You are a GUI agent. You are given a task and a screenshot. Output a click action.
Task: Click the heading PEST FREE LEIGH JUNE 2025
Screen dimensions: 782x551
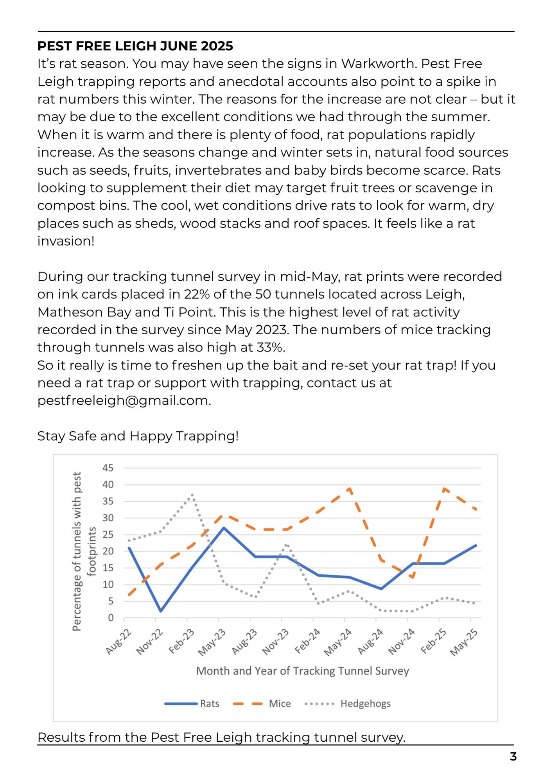(x=135, y=46)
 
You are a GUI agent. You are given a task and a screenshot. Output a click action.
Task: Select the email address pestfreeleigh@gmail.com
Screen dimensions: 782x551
(x=124, y=401)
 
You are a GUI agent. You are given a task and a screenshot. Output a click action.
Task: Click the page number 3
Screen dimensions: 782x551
(x=513, y=757)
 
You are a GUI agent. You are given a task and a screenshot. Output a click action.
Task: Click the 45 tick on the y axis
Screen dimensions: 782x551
(x=108, y=468)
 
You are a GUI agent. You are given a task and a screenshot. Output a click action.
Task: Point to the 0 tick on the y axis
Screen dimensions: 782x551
(x=111, y=618)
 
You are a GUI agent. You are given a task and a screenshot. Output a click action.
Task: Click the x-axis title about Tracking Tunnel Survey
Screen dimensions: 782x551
(x=302, y=671)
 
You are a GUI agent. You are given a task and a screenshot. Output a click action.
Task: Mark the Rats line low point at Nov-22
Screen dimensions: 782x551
(x=161, y=611)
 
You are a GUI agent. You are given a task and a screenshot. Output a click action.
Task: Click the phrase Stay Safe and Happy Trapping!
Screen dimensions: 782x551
(x=138, y=436)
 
